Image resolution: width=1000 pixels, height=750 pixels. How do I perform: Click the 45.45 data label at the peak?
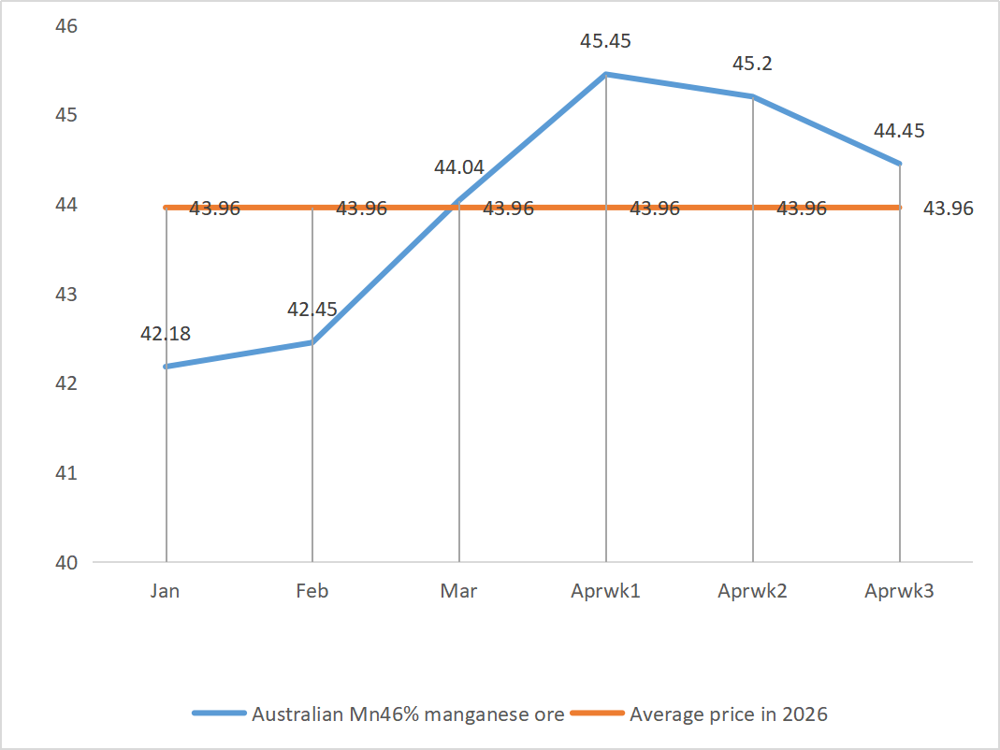click(x=605, y=42)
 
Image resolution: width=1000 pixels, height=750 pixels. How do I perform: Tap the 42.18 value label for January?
click(x=166, y=333)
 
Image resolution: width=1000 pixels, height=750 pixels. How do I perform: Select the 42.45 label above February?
click(x=312, y=310)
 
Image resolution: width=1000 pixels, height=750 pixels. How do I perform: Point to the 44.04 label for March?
click(x=458, y=168)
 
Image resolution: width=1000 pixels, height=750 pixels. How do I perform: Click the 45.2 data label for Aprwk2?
click(x=752, y=65)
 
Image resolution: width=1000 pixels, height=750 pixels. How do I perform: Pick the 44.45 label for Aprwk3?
click(x=899, y=131)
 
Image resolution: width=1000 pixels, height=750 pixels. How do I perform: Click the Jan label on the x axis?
click(x=166, y=591)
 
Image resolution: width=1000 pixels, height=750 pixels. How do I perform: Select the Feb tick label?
click(x=312, y=591)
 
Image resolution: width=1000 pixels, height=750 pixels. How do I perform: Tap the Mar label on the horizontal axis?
click(x=458, y=591)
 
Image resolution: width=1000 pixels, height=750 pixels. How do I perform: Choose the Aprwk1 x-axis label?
click(x=605, y=591)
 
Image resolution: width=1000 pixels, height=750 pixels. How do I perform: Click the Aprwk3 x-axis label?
click(x=899, y=591)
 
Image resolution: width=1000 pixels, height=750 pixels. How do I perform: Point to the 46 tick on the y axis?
click(x=66, y=25)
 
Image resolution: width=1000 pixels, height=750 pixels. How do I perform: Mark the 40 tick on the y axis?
click(x=66, y=563)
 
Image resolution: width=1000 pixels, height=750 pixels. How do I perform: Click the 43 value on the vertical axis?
click(x=66, y=294)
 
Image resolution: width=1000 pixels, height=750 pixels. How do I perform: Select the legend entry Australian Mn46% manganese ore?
click(x=408, y=714)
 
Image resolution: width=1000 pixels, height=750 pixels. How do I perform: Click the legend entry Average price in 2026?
click(x=729, y=714)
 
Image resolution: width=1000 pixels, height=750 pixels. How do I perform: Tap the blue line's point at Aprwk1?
click(x=606, y=74)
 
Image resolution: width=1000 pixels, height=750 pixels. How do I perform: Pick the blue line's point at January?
click(x=166, y=367)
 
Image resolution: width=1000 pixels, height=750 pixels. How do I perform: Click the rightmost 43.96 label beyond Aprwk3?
click(x=948, y=209)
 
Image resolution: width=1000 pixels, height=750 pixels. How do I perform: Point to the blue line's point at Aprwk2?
click(x=752, y=96)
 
